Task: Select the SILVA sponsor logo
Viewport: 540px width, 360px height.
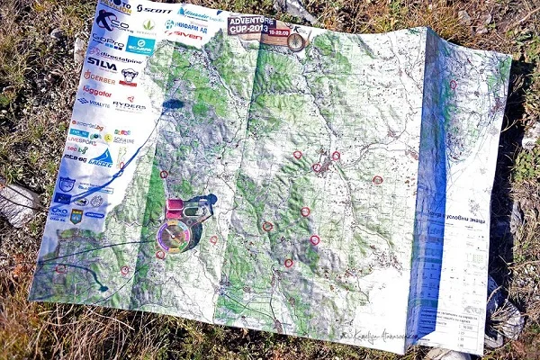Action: tap(101, 63)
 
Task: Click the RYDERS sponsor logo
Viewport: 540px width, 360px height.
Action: tap(130, 104)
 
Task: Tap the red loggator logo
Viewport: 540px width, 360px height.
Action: tap(96, 92)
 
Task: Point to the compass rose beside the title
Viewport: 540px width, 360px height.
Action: tap(296, 40)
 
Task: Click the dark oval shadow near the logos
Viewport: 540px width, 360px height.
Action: tap(173, 104)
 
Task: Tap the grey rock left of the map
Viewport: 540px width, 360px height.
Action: tap(18, 203)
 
